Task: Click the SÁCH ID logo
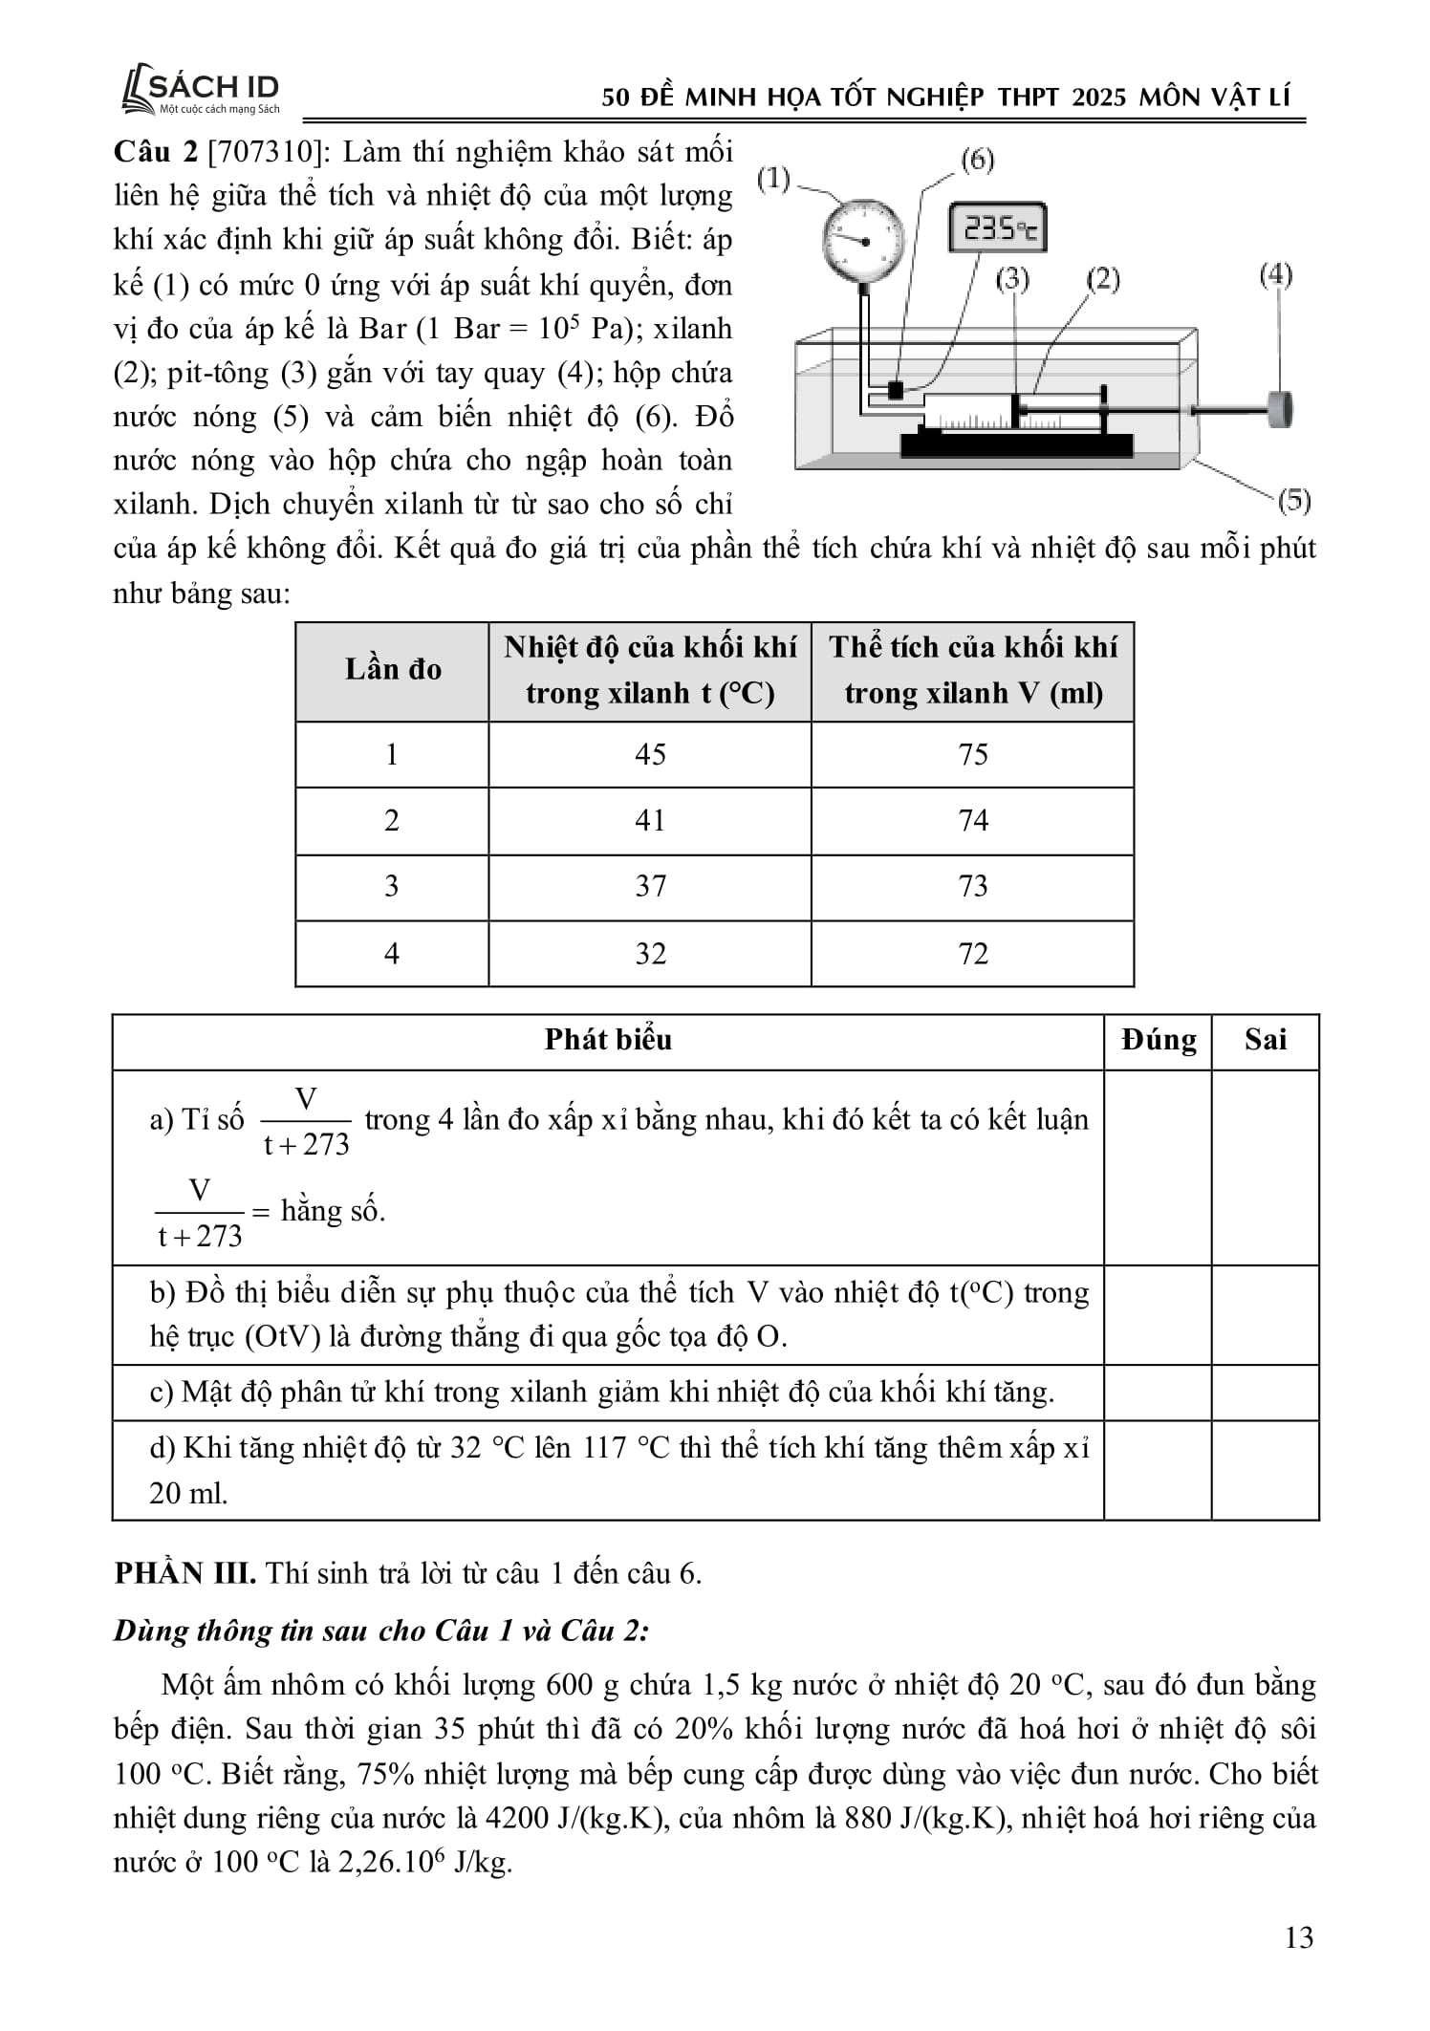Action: (x=201, y=92)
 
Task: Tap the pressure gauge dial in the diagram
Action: (x=862, y=239)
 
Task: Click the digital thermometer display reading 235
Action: (x=997, y=227)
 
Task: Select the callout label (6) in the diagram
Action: (x=976, y=160)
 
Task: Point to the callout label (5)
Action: (x=1293, y=500)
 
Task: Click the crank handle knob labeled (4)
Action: (x=1279, y=409)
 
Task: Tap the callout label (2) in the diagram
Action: (x=1102, y=279)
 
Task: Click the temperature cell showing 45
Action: (x=650, y=754)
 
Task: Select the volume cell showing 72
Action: (x=972, y=953)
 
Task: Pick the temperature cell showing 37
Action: (x=650, y=886)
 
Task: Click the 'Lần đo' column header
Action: (x=393, y=670)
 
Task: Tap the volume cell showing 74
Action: (x=972, y=820)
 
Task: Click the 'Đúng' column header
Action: (x=1158, y=1040)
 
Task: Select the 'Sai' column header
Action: (x=1265, y=1040)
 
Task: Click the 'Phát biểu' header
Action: (x=608, y=1040)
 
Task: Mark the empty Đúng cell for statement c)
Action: (x=1158, y=1392)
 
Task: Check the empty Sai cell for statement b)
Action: (x=1265, y=1314)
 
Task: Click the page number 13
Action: (x=1299, y=1937)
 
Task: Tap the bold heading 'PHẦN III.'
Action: (x=184, y=1573)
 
